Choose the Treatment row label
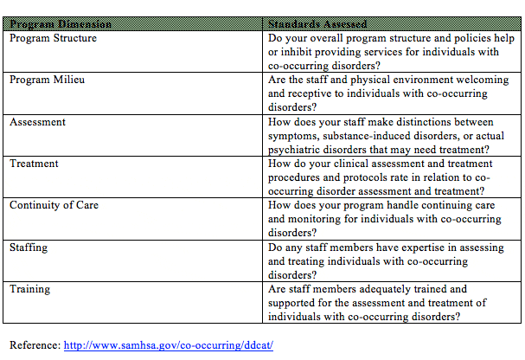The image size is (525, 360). click(x=34, y=164)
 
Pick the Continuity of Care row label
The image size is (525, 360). click(x=54, y=205)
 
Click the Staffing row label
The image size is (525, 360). click(x=29, y=247)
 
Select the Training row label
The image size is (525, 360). click(x=30, y=289)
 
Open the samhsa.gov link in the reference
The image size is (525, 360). click(x=169, y=344)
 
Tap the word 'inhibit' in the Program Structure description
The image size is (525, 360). click(x=299, y=52)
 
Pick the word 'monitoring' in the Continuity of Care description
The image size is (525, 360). click(x=324, y=220)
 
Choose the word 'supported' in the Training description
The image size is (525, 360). click(x=295, y=303)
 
